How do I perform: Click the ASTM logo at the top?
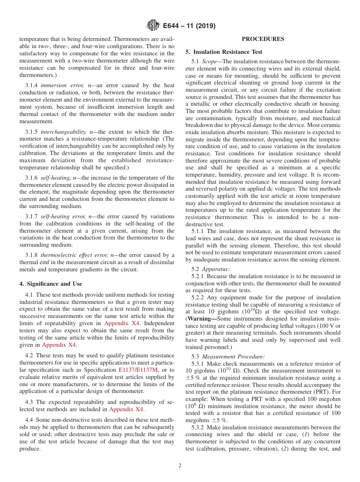[x=153, y=26]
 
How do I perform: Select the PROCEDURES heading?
[x=263, y=39]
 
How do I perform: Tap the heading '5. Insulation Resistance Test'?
[x=224, y=52]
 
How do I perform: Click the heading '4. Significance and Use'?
[x=51, y=283]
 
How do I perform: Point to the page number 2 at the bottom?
[x=180, y=466]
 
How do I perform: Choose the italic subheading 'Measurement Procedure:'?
[x=233, y=356]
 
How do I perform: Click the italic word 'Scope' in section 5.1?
[x=209, y=61]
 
